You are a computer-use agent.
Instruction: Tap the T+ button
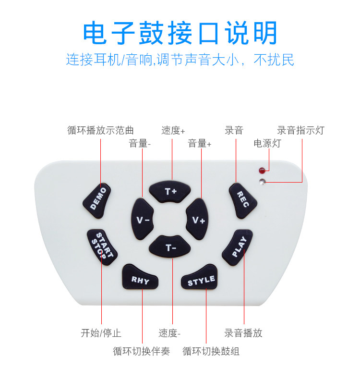click(x=171, y=191)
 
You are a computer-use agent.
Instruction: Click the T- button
click(x=171, y=247)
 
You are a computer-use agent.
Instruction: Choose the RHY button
click(x=140, y=280)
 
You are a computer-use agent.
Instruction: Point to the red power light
click(x=262, y=171)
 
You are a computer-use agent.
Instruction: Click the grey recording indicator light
click(x=262, y=182)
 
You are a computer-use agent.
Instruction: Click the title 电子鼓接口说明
click(x=180, y=33)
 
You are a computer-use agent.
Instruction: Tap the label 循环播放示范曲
click(x=100, y=130)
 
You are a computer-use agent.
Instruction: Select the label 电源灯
click(x=267, y=143)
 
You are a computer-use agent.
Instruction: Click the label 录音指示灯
click(x=301, y=130)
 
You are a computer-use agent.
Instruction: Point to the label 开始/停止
click(x=101, y=333)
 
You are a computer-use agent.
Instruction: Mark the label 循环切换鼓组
click(x=211, y=351)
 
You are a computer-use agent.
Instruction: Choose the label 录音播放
click(x=243, y=333)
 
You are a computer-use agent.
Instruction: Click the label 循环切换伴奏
click(x=142, y=351)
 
